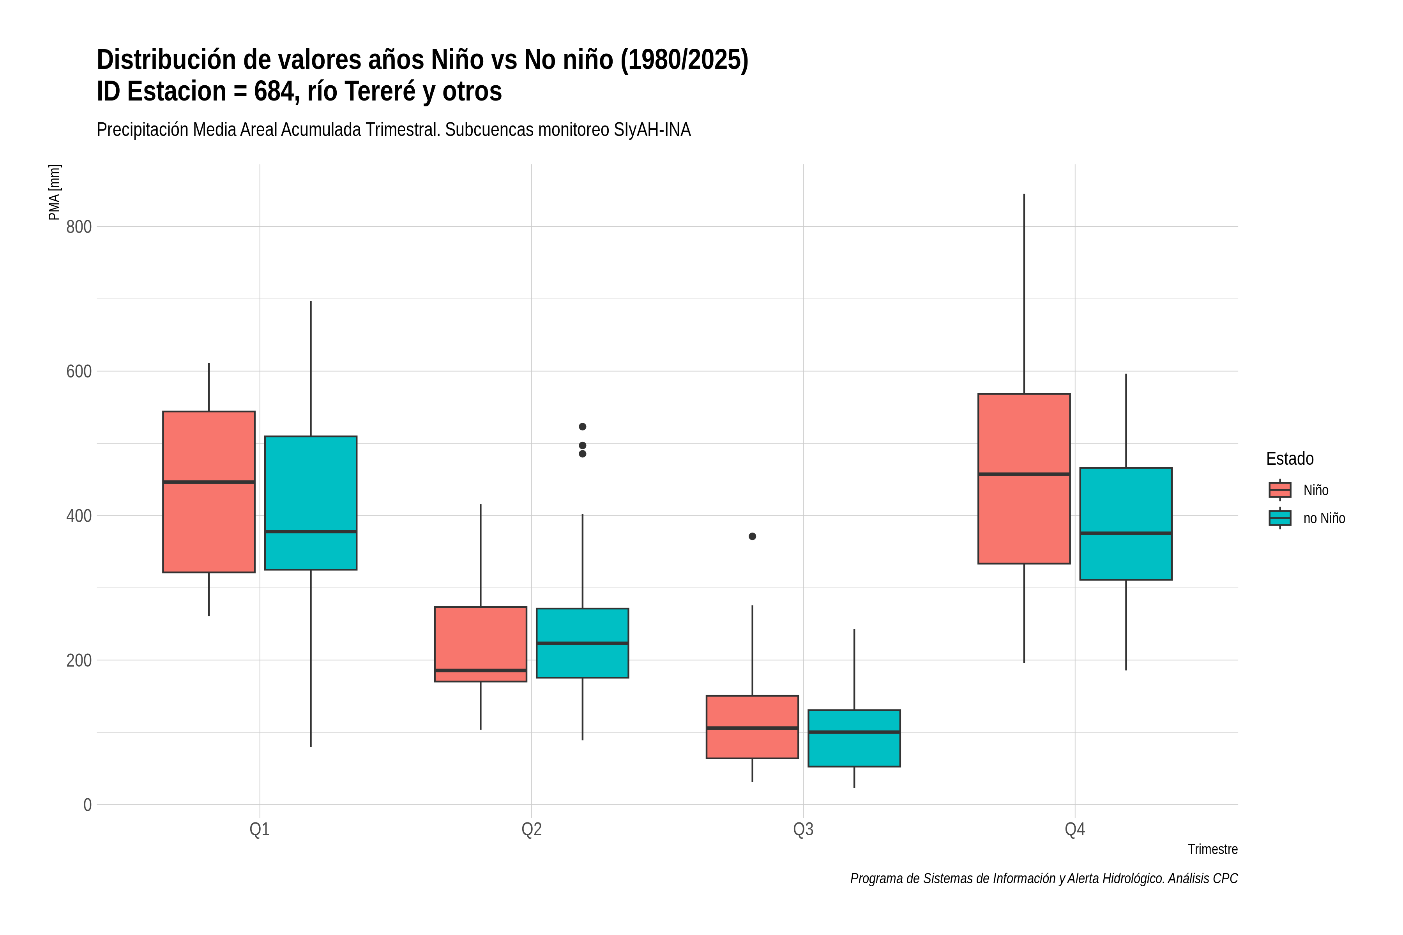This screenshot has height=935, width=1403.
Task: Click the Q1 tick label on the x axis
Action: point(260,829)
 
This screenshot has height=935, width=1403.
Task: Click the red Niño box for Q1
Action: point(209,492)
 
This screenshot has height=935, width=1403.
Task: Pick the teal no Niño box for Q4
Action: point(1126,524)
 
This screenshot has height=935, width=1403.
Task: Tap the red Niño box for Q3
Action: point(752,727)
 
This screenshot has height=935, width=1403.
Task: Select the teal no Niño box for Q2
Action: point(582,643)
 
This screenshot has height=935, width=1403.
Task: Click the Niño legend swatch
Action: point(1279,490)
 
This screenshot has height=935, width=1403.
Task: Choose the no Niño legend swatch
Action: point(1279,518)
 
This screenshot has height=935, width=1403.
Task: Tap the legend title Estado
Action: point(1290,459)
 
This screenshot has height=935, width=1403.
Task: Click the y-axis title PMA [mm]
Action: point(54,192)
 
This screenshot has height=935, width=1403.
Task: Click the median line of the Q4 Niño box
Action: point(1024,474)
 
